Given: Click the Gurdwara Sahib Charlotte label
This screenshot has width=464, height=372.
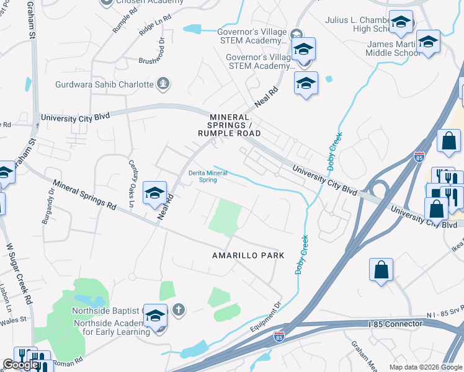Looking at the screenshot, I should [x=104, y=84].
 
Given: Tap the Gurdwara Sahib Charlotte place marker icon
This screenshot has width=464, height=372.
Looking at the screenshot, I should [x=164, y=84].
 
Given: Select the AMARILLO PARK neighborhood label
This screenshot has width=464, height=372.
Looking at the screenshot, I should [x=248, y=255].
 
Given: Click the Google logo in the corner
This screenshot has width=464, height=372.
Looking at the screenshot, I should [x=20, y=365].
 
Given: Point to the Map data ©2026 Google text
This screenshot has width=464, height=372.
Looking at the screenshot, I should [x=426, y=367].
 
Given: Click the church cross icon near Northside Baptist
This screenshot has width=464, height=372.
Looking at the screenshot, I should [x=179, y=309].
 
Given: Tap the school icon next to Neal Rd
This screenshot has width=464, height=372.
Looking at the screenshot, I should [x=155, y=193].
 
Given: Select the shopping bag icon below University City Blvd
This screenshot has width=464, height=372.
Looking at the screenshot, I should [x=381, y=270].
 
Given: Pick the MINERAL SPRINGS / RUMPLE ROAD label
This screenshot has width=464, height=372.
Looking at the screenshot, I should [x=229, y=125].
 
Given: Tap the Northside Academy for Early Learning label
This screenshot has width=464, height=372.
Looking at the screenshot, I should [x=112, y=327].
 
